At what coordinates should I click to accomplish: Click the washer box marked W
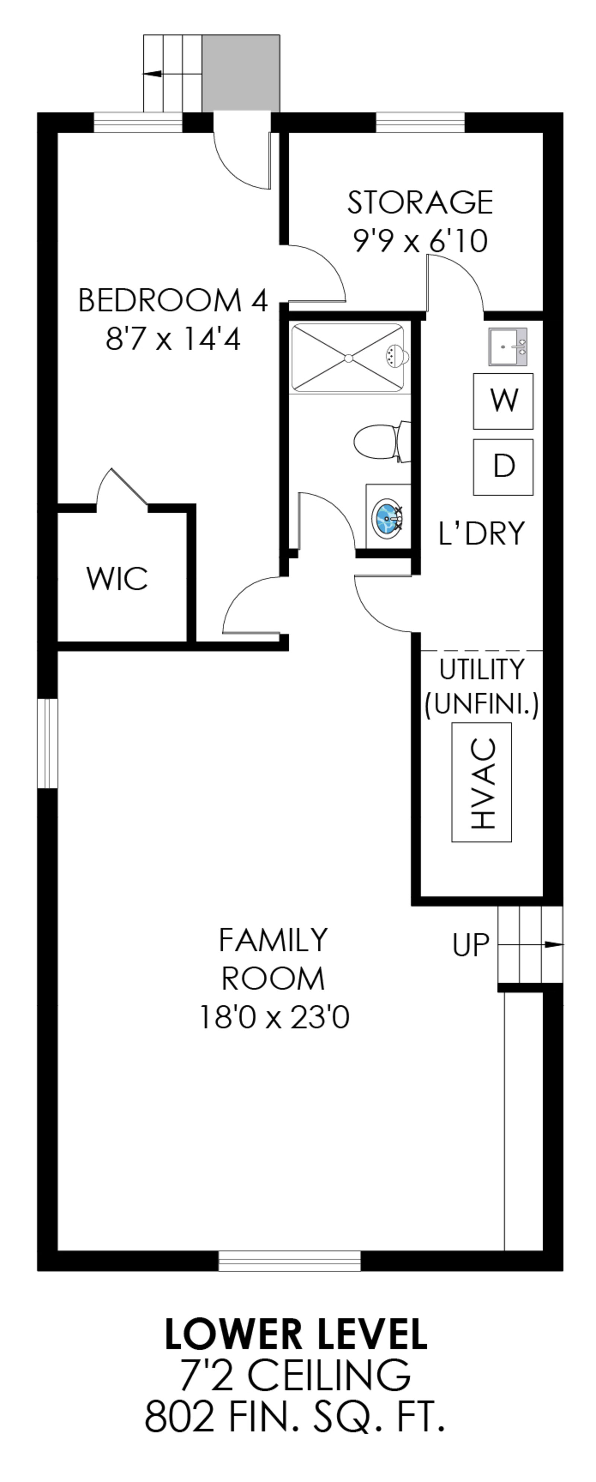click(503, 401)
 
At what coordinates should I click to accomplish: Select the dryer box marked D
click(503, 466)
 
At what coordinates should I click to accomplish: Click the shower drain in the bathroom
click(348, 358)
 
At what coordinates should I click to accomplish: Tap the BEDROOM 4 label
click(173, 300)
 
